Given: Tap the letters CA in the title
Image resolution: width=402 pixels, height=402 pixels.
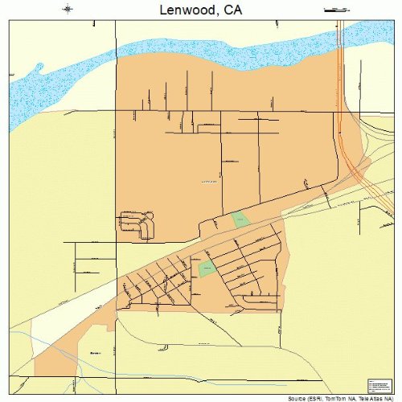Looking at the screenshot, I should pos(232,10).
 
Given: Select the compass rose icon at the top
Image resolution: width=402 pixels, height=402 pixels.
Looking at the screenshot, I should pos(68,9).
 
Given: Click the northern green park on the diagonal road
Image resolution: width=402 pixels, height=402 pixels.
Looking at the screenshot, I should pos(240,219).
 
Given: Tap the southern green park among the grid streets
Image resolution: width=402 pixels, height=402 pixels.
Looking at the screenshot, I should pos(207,269).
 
